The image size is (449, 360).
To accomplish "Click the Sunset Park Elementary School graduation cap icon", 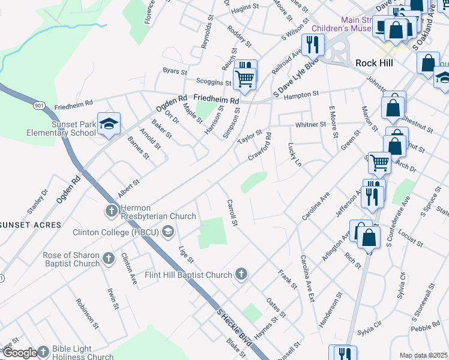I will [x=109, y=124].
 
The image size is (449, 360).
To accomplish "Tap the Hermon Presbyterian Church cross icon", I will [x=111, y=211].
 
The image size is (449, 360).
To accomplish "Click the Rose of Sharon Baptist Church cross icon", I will [x=109, y=259].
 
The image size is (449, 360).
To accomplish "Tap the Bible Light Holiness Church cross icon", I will [x=43, y=352].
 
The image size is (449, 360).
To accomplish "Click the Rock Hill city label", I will [x=374, y=63].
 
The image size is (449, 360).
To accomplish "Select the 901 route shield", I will [x=40, y=106].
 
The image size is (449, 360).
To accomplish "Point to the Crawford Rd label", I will [x=261, y=146].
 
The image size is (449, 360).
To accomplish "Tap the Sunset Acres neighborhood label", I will [x=31, y=224].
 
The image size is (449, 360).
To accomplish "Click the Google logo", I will [x=19, y=352].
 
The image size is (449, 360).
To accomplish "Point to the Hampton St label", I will [x=302, y=95].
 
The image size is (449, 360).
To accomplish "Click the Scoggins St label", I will [x=214, y=82].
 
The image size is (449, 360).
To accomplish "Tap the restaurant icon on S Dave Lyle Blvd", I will [x=312, y=44].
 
